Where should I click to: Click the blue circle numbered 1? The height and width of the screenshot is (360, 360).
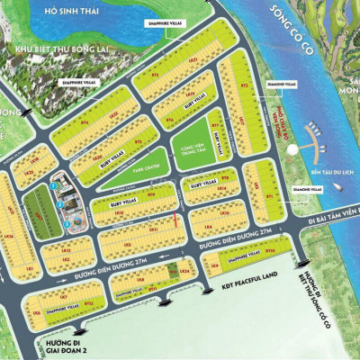54,185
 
